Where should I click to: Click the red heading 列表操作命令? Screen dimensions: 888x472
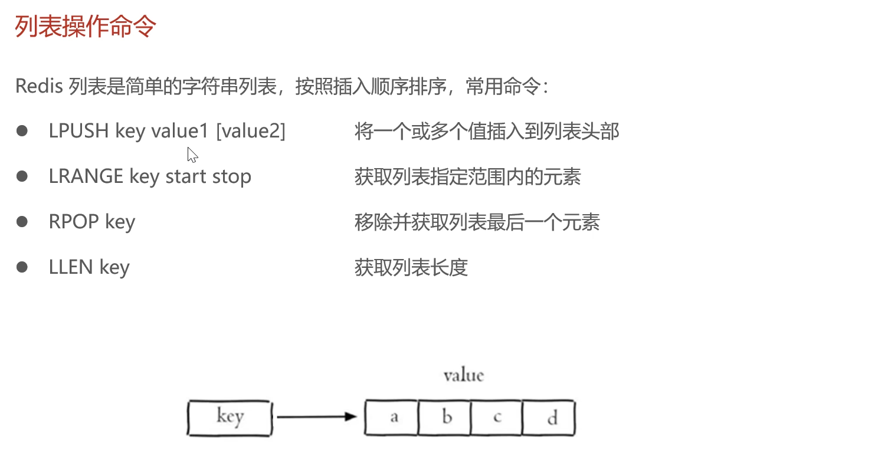coord(86,27)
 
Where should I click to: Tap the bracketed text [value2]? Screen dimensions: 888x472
coord(251,131)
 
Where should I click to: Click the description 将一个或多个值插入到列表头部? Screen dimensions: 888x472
coord(487,131)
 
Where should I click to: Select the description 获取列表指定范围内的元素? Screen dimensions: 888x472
coord(468,176)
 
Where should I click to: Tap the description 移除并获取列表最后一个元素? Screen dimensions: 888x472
coord(477,222)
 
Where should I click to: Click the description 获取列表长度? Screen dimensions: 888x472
coord(411,267)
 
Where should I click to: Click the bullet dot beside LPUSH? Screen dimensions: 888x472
coord(22,131)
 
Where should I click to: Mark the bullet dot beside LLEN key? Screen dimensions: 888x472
coord(22,267)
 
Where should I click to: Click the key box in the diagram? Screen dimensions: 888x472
coord(230,418)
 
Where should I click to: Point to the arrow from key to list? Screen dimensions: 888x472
coord(316,417)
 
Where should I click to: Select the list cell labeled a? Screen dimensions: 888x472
coord(392,418)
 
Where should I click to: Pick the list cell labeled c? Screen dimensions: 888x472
coord(497,418)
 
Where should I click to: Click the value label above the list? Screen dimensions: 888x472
coord(463,375)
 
